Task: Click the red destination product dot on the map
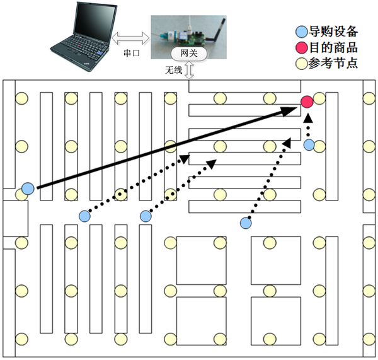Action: click(307, 102)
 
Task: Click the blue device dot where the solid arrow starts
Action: click(28, 189)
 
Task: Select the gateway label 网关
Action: click(189, 53)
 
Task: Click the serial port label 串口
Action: click(132, 53)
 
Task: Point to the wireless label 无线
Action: click(173, 70)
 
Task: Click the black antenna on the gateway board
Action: click(216, 30)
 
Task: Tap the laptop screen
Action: click(94, 22)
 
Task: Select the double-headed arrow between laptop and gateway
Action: click(130, 38)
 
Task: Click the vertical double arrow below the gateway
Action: click(190, 70)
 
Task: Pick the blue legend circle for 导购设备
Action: click(302, 32)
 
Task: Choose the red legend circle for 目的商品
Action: click(302, 47)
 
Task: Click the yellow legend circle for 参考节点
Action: click(302, 64)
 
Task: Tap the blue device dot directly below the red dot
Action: click(309, 145)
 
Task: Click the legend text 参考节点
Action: click(333, 64)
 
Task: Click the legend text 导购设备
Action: click(333, 32)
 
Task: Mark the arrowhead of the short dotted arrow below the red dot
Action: click(308, 119)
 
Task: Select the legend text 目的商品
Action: click(333, 47)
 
